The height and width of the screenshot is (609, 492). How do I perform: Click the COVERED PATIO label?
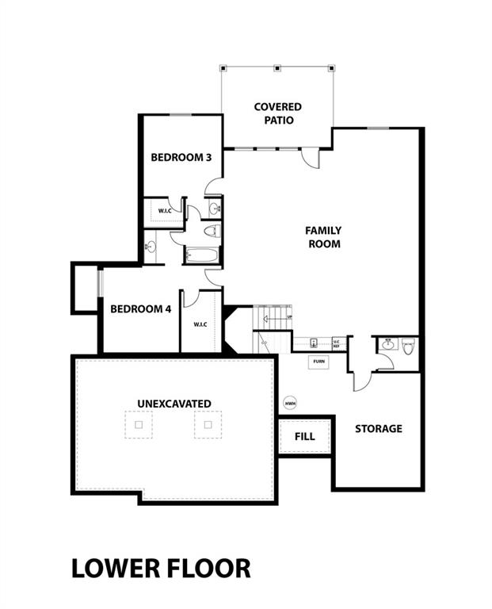coord(277,113)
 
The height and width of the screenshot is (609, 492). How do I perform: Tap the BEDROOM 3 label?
coord(181,157)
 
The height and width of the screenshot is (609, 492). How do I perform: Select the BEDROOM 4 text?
coord(141,308)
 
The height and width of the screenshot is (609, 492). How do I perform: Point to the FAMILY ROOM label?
coord(323,237)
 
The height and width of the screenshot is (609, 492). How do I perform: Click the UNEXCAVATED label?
coord(174,404)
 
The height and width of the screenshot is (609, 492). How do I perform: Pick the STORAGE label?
coord(378,428)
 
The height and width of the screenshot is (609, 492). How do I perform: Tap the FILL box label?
coord(304,436)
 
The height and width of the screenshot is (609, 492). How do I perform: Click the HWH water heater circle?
coord(290,403)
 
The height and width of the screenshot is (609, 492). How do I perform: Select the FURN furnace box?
coord(318,362)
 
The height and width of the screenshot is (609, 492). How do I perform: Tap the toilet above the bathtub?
coord(212,232)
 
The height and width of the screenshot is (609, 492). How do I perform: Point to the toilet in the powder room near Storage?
coord(408,346)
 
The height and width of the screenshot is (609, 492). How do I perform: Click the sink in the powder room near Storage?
coord(388,344)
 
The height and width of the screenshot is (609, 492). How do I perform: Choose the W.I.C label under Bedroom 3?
coord(165,211)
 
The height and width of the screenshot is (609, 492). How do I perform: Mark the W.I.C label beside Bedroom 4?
coord(200,324)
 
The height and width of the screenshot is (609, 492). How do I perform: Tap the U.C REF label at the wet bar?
coord(336,343)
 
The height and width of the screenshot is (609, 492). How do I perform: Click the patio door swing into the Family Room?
coord(311,158)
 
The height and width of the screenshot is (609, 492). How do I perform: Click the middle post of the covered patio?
coord(277,68)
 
